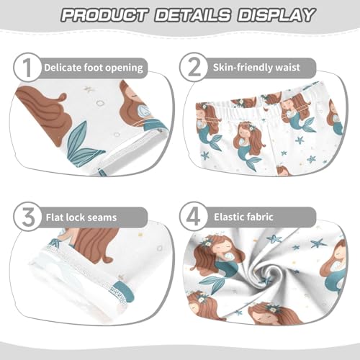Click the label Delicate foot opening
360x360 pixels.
point(93,68)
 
